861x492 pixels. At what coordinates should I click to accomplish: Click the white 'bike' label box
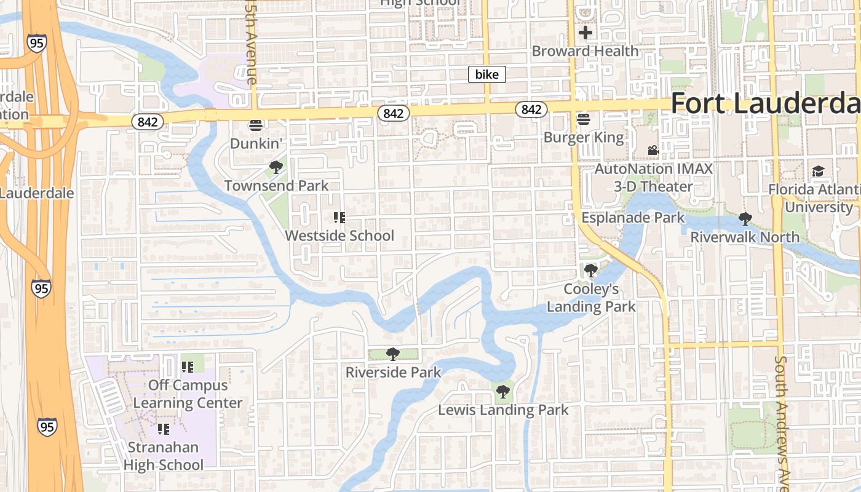pyautogui.click(x=487, y=74)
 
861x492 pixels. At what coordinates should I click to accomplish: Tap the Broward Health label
pyautogui.click(x=585, y=51)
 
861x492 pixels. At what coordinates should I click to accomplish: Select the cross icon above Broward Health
pyautogui.click(x=585, y=32)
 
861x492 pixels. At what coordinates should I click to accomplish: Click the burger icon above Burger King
pyautogui.click(x=584, y=119)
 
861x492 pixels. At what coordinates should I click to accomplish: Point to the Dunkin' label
pyautogui.click(x=256, y=143)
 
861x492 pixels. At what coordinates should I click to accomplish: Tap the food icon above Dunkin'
pyautogui.click(x=256, y=125)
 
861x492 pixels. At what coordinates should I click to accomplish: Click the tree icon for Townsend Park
pyautogui.click(x=276, y=167)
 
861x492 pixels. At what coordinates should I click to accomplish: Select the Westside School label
pyautogui.click(x=339, y=236)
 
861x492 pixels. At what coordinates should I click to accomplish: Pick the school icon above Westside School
pyautogui.click(x=339, y=217)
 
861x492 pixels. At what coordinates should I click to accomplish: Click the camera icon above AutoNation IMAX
pyautogui.click(x=653, y=150)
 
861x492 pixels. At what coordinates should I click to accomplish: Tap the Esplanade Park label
pyautogui.click(x=633, y=218)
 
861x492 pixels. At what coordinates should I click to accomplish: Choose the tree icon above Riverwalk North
pyautogui.click(x=745, y=218)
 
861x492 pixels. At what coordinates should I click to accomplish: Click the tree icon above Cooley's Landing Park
pyautogui.click(x=590, y=270)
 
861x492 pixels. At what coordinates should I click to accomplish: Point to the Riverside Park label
pyautogui.click(x=393, y=372)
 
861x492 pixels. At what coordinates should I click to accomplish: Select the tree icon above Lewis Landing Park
pyautogui.click(x=503, y=391)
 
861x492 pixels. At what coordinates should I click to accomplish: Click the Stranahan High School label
pyautogui.click(x=163, y=456)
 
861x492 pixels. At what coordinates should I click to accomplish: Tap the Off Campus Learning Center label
pyautogui.click(x=188, y=394)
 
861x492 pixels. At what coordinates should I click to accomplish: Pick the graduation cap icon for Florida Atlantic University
pyautogui.click(x=818, y=171)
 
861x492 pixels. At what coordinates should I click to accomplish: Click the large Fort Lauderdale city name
pyautogui.click(x=765, y=103)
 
